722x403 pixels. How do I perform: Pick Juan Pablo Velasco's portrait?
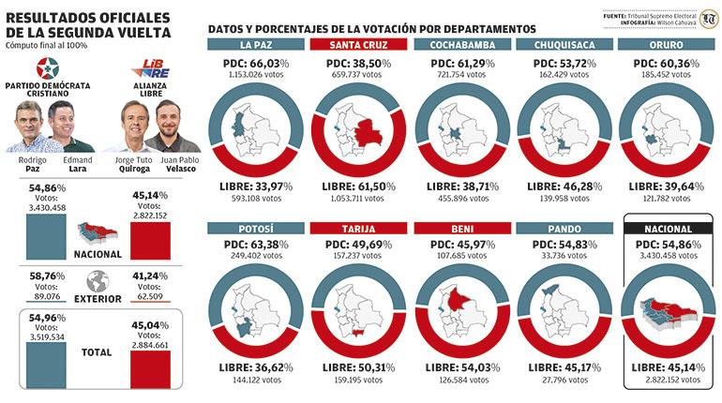[169, 126]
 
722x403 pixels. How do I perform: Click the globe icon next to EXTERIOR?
[97, 281]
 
